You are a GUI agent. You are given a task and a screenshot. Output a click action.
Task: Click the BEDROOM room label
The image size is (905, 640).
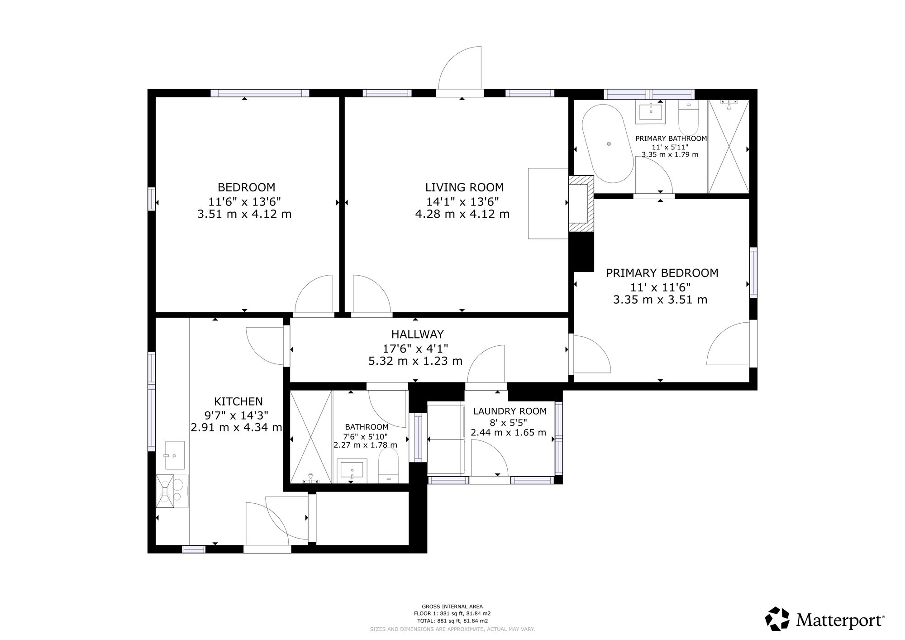246,187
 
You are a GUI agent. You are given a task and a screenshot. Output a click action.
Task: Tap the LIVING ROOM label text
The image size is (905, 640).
464,187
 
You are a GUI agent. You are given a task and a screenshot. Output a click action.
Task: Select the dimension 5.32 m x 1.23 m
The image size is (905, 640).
415,361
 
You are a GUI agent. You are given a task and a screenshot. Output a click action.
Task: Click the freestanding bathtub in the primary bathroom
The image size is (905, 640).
607,144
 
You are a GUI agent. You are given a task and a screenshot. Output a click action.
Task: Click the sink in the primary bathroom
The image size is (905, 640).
651,112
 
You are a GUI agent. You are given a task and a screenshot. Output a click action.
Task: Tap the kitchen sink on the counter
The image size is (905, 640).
174,455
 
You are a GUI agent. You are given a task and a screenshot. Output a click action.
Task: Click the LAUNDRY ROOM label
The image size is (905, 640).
510,411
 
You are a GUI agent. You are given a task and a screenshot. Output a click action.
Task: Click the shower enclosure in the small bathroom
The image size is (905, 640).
311,437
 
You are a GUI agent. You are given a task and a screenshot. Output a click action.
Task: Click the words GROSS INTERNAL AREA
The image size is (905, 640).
452,607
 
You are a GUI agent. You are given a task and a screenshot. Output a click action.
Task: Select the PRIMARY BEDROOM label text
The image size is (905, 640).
662,273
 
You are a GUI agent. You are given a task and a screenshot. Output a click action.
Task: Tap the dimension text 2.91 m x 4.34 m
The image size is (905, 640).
236,427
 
